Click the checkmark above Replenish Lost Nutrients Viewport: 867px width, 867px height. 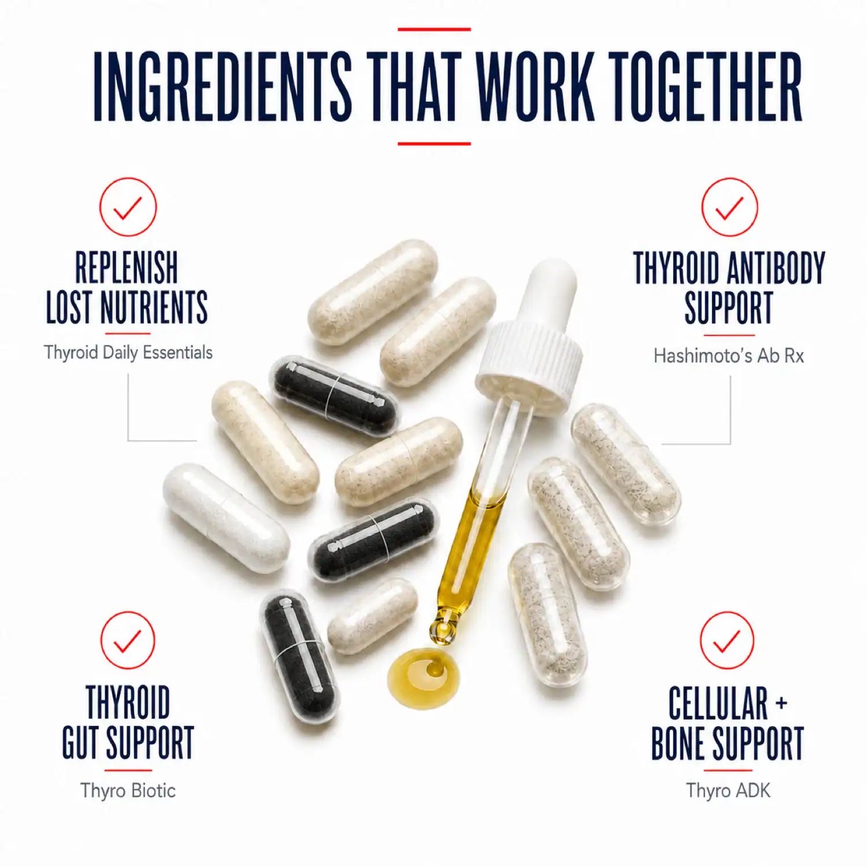(128, 207)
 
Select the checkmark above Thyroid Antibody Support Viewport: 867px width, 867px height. (729, 207)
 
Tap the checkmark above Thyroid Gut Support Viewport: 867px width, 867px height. (128, 640)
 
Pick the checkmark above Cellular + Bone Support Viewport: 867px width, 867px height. (727, 640)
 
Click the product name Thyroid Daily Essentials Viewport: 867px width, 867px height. (128, 353)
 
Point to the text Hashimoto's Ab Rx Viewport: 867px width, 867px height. (729, 355)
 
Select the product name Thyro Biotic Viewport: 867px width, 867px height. (128, 790)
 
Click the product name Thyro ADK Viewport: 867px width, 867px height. (728, 790)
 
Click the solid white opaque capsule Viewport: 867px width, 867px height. (226, 518)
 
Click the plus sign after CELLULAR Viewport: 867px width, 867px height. (781, 703)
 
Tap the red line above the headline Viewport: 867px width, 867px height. (434, 29)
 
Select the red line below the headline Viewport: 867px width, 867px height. (434, 143)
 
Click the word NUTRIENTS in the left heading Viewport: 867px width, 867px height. (154, 307)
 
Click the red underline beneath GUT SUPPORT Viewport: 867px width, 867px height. (128, 770)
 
